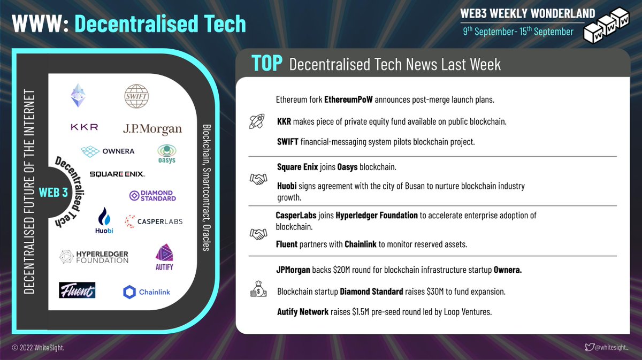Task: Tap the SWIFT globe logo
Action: click(x=137, y=96)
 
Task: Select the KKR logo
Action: click(x=84, y=127)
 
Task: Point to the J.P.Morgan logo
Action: click(x=152, y=129)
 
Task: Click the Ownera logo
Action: click(x=108, y=151)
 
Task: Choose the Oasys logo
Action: click(x=166, y=154)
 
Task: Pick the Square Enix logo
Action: click(x=117, y=174)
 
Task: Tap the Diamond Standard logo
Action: click(x=152, y=196)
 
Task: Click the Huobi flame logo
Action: click(x=105, y=220)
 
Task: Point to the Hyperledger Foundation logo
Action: click(x=94, y=257)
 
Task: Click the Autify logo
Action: click(x=164, y=257)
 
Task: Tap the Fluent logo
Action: click(x=77, y=290)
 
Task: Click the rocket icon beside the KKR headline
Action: click(x=257, y=121)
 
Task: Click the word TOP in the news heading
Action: click(x=267, y=64)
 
